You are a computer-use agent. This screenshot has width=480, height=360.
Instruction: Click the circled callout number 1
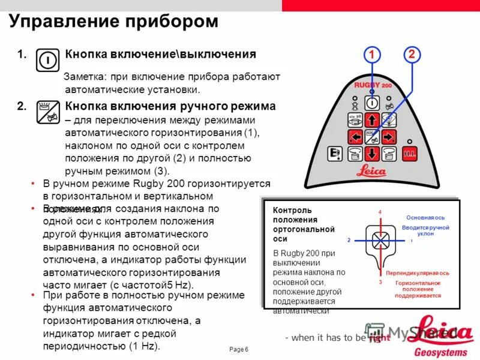click(x=371, y=55)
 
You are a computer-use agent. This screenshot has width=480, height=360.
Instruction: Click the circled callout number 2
click(x=411, y=55)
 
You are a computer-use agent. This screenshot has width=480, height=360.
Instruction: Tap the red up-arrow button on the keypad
click(x=371, y=119)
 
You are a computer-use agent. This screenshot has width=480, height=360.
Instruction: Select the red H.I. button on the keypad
click(x=410, y=153)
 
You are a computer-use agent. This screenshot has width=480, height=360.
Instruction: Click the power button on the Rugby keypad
click(x=371, y=102)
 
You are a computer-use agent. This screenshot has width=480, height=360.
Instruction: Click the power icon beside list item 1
click(x=47, y=60)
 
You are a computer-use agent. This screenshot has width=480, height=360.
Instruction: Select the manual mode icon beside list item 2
click(x=47, y=112)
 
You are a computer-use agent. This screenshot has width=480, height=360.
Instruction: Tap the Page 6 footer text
click(x=239, y=350)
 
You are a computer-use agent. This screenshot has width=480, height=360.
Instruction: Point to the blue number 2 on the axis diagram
click(x=348, y=240)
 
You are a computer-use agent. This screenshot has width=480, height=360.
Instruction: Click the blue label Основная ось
click(x=425, y=217)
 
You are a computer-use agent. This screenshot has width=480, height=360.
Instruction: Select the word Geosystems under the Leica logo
click(x=440, y=351)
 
